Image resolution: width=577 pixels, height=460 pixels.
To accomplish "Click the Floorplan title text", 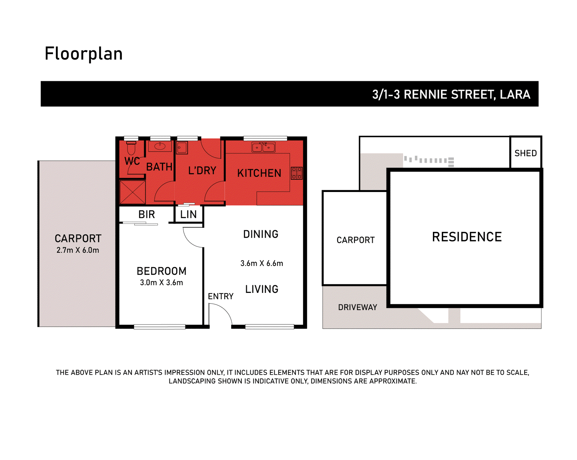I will (83, 54).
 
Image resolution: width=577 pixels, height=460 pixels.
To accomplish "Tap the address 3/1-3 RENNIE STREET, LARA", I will (451, 94).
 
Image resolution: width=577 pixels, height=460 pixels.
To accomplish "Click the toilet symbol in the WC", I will (131, 148).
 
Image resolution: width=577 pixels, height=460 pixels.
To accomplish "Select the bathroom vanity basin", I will (160, 146).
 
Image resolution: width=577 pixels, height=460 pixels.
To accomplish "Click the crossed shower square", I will (132, 192).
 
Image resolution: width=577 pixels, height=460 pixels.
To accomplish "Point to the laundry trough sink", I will (182, 148).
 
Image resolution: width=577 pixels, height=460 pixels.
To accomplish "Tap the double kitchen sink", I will (263, 148).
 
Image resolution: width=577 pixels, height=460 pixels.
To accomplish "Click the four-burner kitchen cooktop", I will (296, 173).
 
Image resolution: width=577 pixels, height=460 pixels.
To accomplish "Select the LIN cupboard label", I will (188, 214).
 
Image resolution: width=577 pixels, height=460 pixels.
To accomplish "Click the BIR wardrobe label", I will (147, 214).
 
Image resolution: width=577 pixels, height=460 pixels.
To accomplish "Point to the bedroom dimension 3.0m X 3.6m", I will (161, 283).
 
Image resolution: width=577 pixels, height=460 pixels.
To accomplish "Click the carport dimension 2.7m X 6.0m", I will (78, 250).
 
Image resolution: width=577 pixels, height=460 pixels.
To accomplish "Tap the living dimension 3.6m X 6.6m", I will (262, 263).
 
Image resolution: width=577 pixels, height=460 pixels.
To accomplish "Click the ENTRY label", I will (220, 296).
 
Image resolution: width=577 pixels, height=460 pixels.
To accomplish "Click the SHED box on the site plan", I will (525, 153).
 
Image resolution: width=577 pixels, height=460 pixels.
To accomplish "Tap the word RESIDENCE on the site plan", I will (467, 237).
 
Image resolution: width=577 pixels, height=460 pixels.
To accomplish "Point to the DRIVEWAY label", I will (357, 307).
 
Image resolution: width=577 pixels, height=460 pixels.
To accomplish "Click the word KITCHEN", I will (259, 173).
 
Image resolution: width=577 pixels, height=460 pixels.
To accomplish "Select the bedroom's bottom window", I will (159, 327).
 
